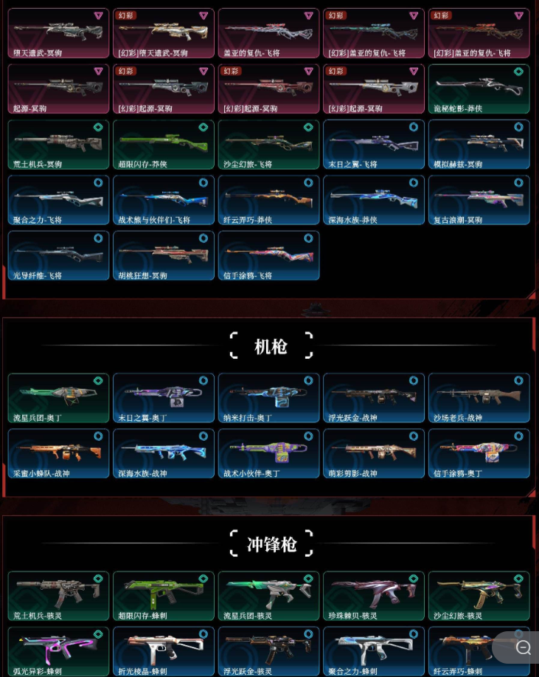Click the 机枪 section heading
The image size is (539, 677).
point(271,346)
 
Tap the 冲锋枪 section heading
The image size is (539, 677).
point(271,545)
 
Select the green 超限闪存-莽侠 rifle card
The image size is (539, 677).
point(164,144)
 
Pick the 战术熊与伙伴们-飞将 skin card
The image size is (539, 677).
point(164,199)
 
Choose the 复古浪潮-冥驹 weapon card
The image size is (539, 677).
point(479,199)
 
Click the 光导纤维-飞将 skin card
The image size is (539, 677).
point(58,255)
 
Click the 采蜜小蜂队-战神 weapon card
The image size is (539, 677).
point(58,453)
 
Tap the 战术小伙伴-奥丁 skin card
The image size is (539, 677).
point(268,453)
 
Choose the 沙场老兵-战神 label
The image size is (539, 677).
point(457,418)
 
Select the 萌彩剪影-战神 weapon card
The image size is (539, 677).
point(374,453)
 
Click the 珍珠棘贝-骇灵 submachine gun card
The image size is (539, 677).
point(374,595)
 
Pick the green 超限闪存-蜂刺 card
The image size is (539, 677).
point(164,595)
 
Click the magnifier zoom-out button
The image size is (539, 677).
point(524,647)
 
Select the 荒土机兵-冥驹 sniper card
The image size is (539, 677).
point(58,144)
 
